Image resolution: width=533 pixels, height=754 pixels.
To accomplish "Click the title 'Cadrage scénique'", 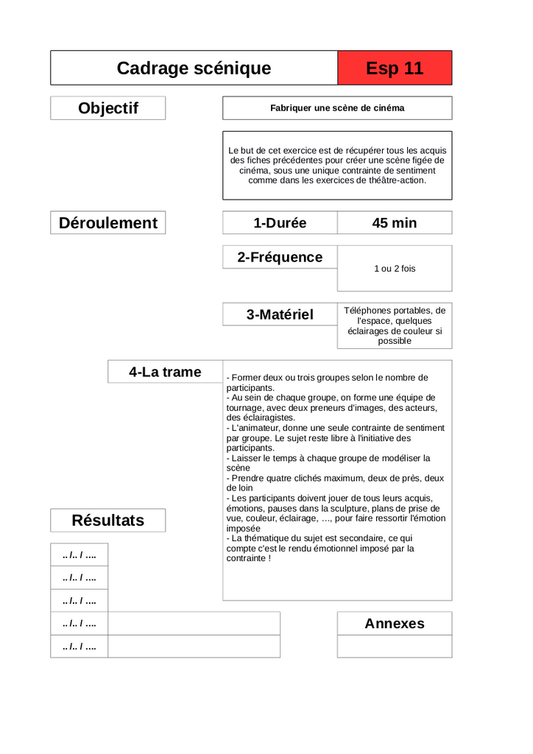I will [x=194, y=68].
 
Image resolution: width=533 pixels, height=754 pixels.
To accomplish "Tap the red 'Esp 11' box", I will [x=395, y=68].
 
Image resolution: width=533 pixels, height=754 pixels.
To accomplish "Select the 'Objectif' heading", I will [x=108, y=108].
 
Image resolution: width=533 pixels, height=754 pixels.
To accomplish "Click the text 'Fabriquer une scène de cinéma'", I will [x=337, y=108].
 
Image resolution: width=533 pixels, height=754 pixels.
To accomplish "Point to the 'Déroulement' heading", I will [x=108, y=223].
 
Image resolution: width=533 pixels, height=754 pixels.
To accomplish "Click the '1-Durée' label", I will [x=280, y=223].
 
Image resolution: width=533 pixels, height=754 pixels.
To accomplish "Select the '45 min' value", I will [x=395, y=223].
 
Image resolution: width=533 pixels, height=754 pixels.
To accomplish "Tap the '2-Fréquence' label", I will [x=280, y=257].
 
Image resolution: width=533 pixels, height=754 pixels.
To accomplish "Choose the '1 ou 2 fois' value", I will [x=395, y=269].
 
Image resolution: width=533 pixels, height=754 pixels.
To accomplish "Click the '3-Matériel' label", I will [x=280, y=314].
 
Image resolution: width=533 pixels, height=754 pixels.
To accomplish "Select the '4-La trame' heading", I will [x=165, y=372].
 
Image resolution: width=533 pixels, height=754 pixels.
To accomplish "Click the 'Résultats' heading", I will [x=108, y=521].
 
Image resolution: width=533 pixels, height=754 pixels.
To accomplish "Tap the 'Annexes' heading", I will [x=395, y=624].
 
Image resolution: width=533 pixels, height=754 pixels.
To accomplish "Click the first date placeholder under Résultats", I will [x=80, y=555].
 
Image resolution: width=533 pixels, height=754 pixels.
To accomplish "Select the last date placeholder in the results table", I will [x=80, y=646].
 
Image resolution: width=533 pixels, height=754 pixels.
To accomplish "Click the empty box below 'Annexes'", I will [x=395, y=646].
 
